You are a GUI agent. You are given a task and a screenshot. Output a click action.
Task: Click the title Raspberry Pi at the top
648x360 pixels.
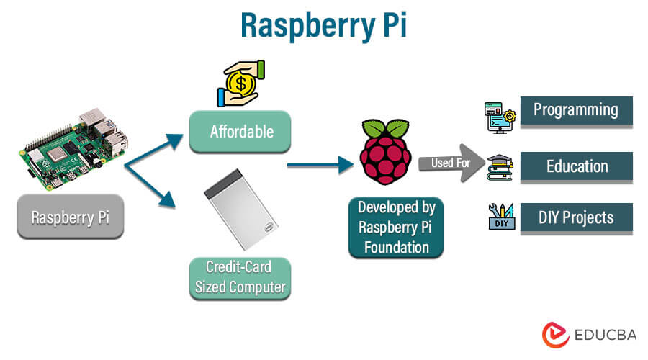(x=323, y=23)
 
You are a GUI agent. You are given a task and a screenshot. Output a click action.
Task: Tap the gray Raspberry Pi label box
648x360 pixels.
(x=71, y=217)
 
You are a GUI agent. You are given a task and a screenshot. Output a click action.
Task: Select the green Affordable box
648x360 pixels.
(x=240, y=132)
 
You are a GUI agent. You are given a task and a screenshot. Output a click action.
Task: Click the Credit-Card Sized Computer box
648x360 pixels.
(x=240, y=278)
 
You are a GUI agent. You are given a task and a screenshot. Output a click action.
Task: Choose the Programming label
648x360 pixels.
(x=575, y=110)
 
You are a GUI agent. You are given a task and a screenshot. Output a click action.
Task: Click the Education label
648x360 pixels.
(x=577, y=166)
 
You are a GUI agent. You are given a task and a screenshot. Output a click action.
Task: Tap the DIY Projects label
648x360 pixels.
(x=577, y=217)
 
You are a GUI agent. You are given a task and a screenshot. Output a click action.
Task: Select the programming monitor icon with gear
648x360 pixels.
(x=500, y=115)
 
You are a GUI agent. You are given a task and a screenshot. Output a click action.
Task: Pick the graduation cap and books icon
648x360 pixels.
(x=500, y=168)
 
